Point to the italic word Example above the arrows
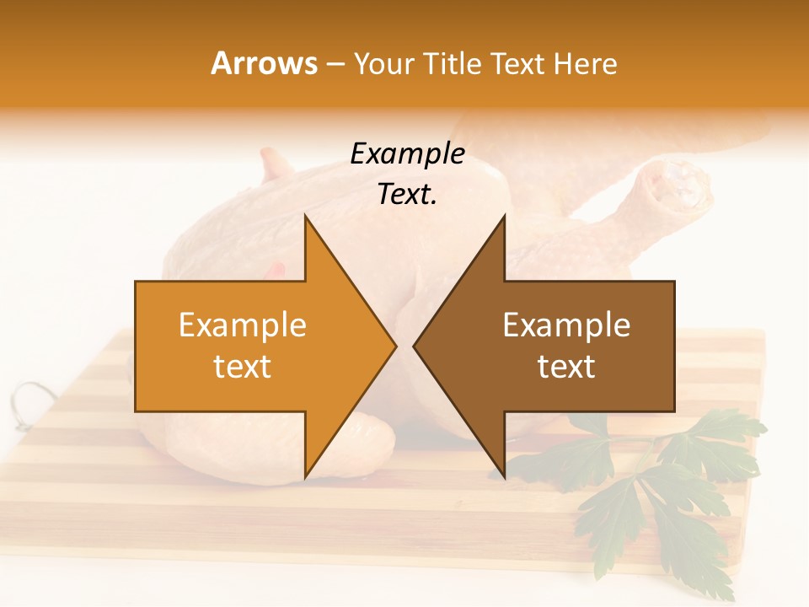(x=407, y=153)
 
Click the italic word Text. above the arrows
(x=407, y=194)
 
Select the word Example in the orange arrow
(x=243, y=325)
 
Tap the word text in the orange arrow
(x=243, y=366)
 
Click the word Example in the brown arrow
(x=566, y=325)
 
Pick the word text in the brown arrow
(x=566, y=366)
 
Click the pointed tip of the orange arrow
(x=396, y=346)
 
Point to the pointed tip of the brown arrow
(x=414, y=346)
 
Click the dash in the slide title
(x=335, y=64)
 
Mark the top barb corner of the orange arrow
(x=305, y=216)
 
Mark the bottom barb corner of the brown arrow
(x=504, y=478)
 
